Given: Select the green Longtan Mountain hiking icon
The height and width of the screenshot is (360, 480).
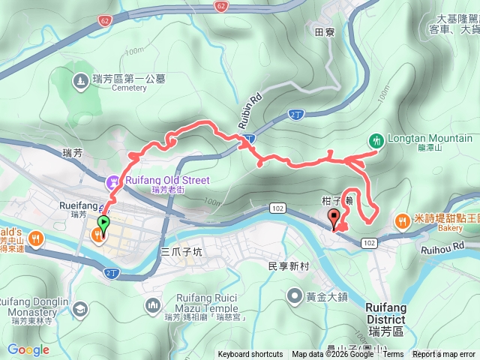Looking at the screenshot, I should (x=375, y=139).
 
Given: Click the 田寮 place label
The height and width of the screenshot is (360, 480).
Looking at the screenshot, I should (x=324, y=32).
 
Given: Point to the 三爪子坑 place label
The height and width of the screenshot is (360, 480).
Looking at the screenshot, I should (x=182, y=252).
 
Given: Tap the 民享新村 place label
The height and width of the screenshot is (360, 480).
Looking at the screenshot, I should (x=289, y=266).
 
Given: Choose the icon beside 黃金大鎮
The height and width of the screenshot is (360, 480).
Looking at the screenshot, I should (x=290, y=295).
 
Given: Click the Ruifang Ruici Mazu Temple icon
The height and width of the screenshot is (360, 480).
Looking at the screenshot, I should (x=154, y=304).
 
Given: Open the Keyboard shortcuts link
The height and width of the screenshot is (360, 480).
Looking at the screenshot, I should (x=250, y=355).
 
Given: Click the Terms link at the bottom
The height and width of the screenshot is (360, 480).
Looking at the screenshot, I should (x=394, y=355).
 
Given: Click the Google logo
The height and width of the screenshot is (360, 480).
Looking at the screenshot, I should (x=28, y=349).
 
